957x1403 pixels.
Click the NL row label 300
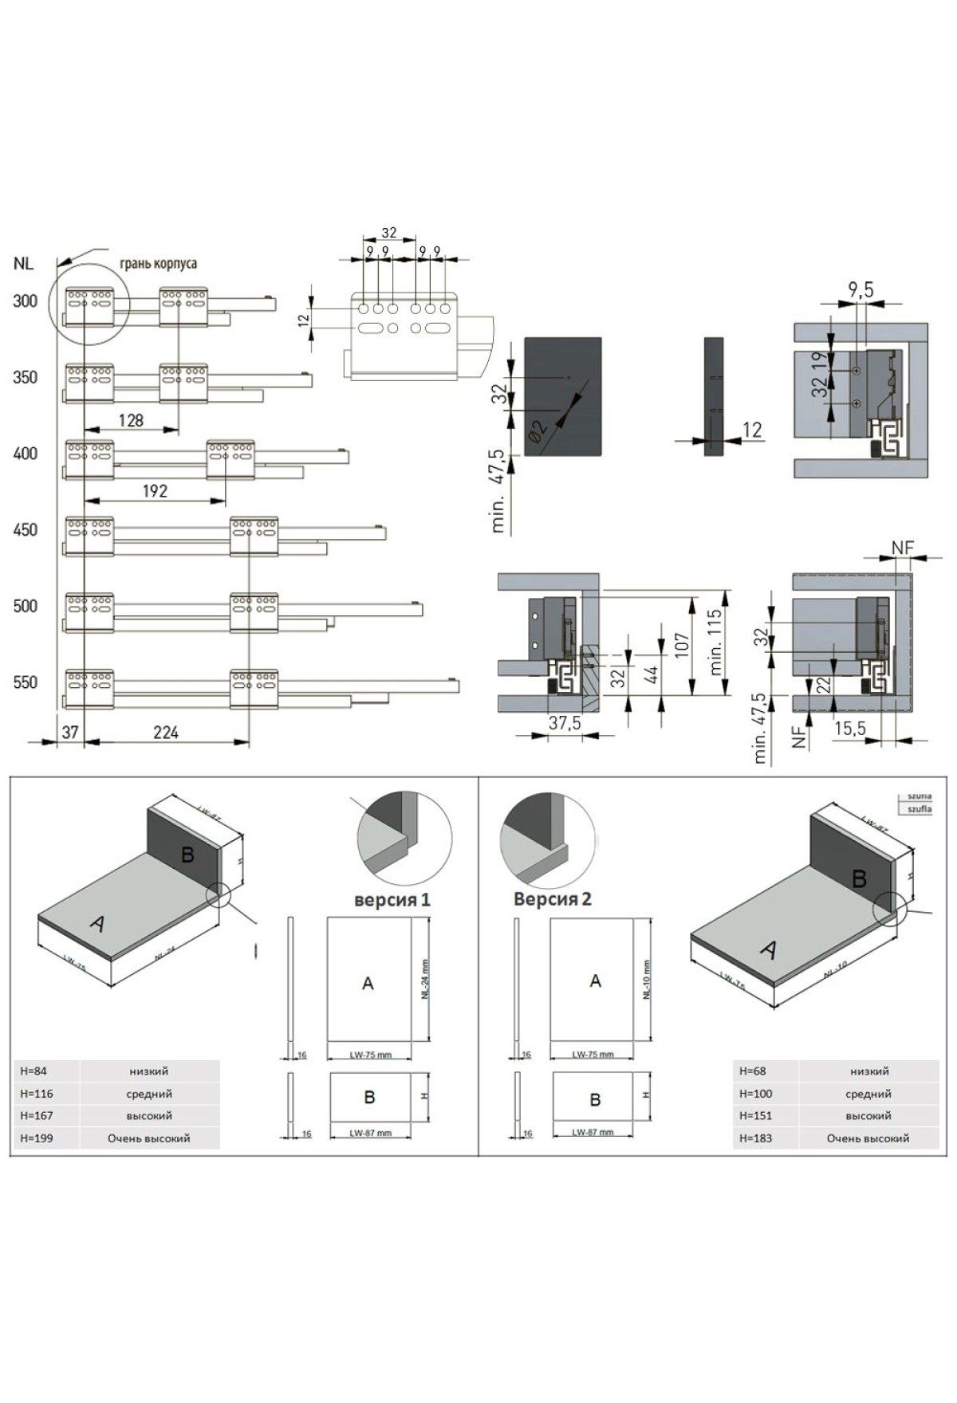coord(26,301)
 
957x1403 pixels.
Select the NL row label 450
coord(26,530)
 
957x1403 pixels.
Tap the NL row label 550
coord(26,682)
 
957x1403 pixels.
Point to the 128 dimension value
coord(131,420)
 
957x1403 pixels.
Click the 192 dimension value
coord(155,491)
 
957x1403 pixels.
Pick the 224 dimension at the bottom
coord(166,733)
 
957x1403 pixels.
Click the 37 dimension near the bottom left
coord(70,733)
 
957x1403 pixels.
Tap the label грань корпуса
coord(158,263)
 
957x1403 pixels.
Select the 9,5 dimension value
coord(861,291)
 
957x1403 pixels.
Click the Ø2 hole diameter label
coord(539,430)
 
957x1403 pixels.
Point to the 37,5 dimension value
coord(565,723)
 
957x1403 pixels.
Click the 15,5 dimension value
coord(850,729)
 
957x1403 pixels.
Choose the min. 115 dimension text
coord(715,642)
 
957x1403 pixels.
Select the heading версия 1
coord(392,900)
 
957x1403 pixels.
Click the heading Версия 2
coord(553,899)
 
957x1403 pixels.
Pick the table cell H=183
coord(755,1138)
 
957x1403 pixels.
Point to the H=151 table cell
coord(755,1116)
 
